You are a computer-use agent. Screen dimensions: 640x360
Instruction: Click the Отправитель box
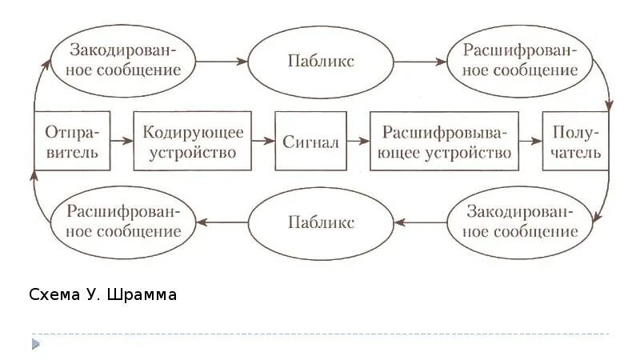tap(72, 142)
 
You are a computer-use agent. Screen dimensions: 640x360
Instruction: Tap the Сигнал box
tap(310, 142)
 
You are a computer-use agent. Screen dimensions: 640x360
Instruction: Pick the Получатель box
tap(575, 142)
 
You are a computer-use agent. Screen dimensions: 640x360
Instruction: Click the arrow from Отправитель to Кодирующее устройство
tap(122, 142)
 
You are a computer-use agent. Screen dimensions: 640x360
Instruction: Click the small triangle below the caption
tap(35, 344)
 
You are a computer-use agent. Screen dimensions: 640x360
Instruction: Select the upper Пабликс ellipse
tap(321, 61)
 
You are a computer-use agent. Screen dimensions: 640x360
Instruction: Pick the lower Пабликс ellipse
tap(321, 222)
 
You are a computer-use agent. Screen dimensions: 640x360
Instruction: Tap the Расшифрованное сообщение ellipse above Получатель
tap(520, 60)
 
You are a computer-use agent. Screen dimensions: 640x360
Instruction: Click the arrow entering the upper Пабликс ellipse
tap(223, 61)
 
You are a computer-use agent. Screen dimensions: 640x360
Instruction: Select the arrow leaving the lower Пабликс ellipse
tap(223, 222)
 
